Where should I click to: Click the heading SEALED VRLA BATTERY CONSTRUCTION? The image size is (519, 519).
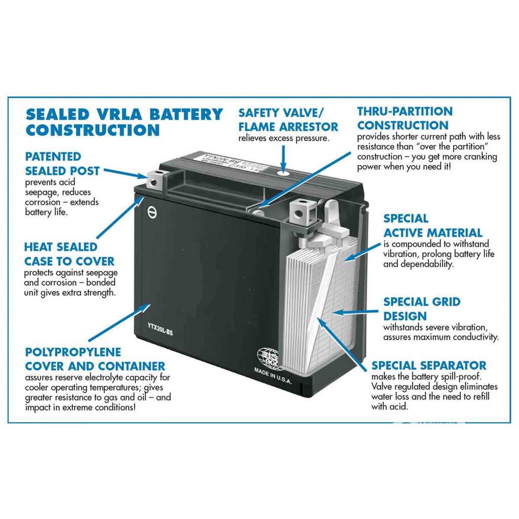[x=124, y=122]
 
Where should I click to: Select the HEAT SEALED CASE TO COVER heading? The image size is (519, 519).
[x=69, y=254]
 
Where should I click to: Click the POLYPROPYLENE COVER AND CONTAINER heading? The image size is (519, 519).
[x=95, y=359]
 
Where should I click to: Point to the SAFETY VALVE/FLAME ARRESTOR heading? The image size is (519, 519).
[x=288, y=119]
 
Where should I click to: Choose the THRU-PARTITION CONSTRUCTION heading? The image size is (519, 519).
[x=404, y=118]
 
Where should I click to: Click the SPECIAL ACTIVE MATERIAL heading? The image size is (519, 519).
[x=432, y=226]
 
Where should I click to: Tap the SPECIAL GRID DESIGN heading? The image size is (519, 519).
[x=422, y=309]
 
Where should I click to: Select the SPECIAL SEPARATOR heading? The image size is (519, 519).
[x=429, y=365]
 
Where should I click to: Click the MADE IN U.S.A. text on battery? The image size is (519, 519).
[x=273, y=377]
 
